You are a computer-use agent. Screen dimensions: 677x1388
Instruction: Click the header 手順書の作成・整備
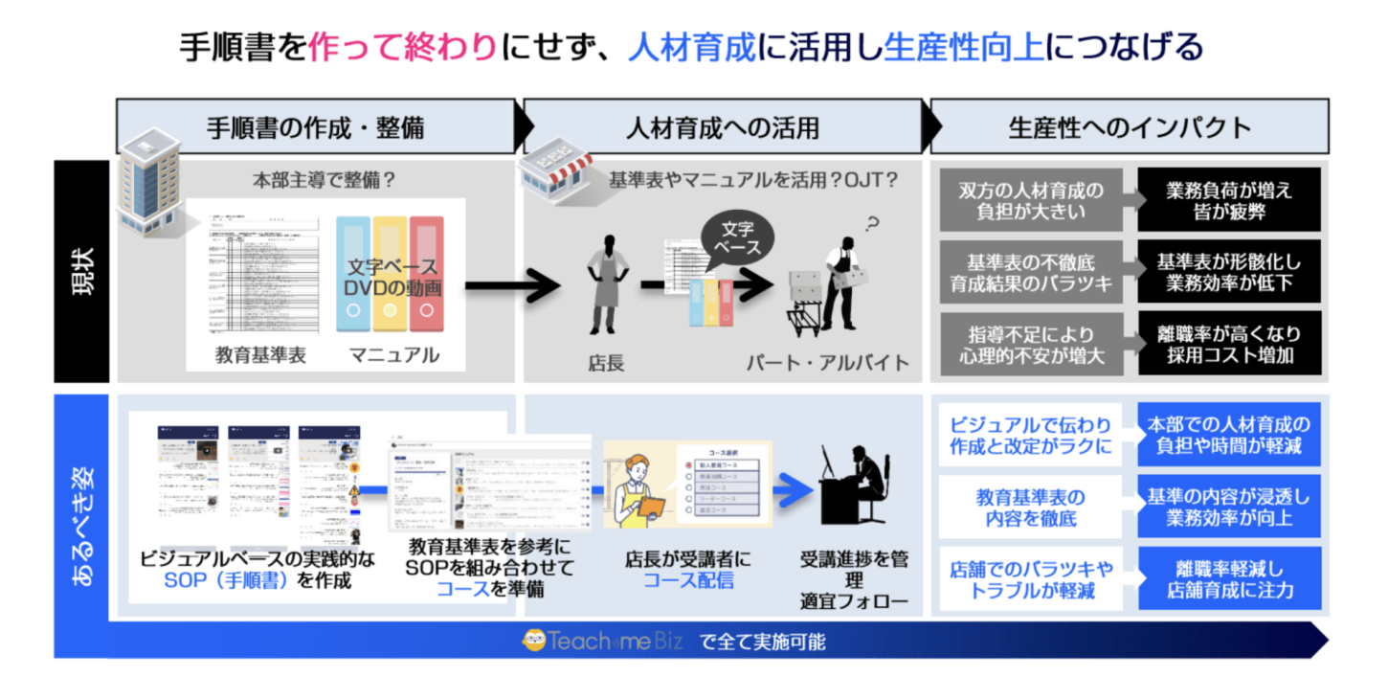[315, 126]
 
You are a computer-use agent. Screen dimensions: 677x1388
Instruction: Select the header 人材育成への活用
[722, 126]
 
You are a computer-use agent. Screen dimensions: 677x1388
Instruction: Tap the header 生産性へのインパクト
[1130, 126]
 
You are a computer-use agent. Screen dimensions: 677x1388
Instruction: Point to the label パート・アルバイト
[828, 362]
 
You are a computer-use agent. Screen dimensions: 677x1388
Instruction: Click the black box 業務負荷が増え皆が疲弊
[1229, 200]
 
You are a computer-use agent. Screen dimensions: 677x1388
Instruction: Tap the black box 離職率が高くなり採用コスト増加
[1229, 343]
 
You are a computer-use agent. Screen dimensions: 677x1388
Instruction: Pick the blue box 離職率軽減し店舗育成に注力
[1229, 578]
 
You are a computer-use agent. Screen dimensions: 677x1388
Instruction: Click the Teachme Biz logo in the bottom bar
[603, 642]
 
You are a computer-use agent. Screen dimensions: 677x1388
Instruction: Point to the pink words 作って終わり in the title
[402, 47]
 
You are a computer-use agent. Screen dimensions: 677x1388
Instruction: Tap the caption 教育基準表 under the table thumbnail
[260, 354]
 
